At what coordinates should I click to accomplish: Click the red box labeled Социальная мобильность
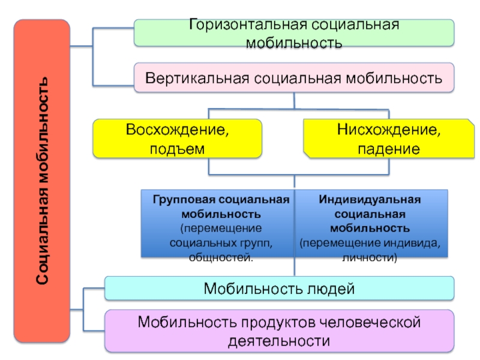tap(42, 181)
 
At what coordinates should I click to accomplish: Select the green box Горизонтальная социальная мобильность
tap(294, 33)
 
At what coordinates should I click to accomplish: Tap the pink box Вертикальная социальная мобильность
tap(294, 77)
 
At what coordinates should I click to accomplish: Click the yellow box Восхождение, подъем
tap(177, 139)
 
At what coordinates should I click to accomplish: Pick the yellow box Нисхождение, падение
tap(389, 139)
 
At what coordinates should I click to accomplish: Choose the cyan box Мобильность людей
tap(279, 288)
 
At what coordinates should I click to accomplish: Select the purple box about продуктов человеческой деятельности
tap(279, 331)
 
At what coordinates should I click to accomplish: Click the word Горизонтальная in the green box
tap(248, 25)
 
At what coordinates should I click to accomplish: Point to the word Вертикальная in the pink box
tap(197, 78)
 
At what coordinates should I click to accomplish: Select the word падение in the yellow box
tap(389, 149)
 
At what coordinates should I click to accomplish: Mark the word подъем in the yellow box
tap(177, 149)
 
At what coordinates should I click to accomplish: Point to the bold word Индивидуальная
tap(370, 200)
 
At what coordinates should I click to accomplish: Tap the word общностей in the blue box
tap(221, 257)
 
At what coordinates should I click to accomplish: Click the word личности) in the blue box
tap(370, 257)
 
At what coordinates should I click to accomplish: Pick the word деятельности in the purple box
tap(279, 341)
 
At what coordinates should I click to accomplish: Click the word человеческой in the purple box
tap(370, 322)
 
